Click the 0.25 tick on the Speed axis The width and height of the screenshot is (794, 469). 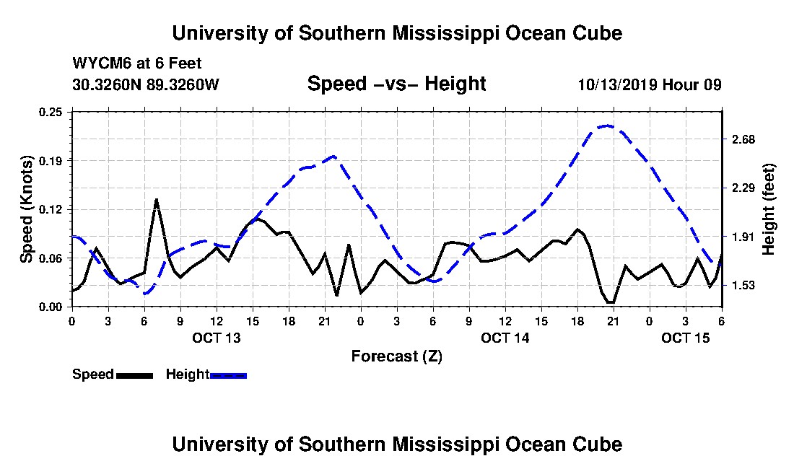51,112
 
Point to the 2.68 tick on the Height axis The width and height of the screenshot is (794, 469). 743,139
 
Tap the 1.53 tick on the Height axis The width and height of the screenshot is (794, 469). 743,285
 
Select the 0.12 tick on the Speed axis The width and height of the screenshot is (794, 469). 51,209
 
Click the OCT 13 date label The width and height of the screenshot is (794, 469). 217,338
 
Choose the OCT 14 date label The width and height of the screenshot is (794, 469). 505,338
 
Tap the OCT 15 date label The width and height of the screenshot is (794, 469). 686,338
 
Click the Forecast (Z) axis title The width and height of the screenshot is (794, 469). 397,356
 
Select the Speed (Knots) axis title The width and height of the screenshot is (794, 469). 26,209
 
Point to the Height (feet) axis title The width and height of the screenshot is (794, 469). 769,209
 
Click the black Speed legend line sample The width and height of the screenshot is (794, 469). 134,375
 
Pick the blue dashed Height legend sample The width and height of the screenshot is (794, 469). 228,375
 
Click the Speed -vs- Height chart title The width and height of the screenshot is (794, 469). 396,84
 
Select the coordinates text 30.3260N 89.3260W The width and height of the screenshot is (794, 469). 146,84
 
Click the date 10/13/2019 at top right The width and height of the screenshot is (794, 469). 617,84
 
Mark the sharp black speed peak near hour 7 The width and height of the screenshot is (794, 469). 157,200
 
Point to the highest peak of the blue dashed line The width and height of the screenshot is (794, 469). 608,126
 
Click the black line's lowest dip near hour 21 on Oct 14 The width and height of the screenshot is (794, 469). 611,302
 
